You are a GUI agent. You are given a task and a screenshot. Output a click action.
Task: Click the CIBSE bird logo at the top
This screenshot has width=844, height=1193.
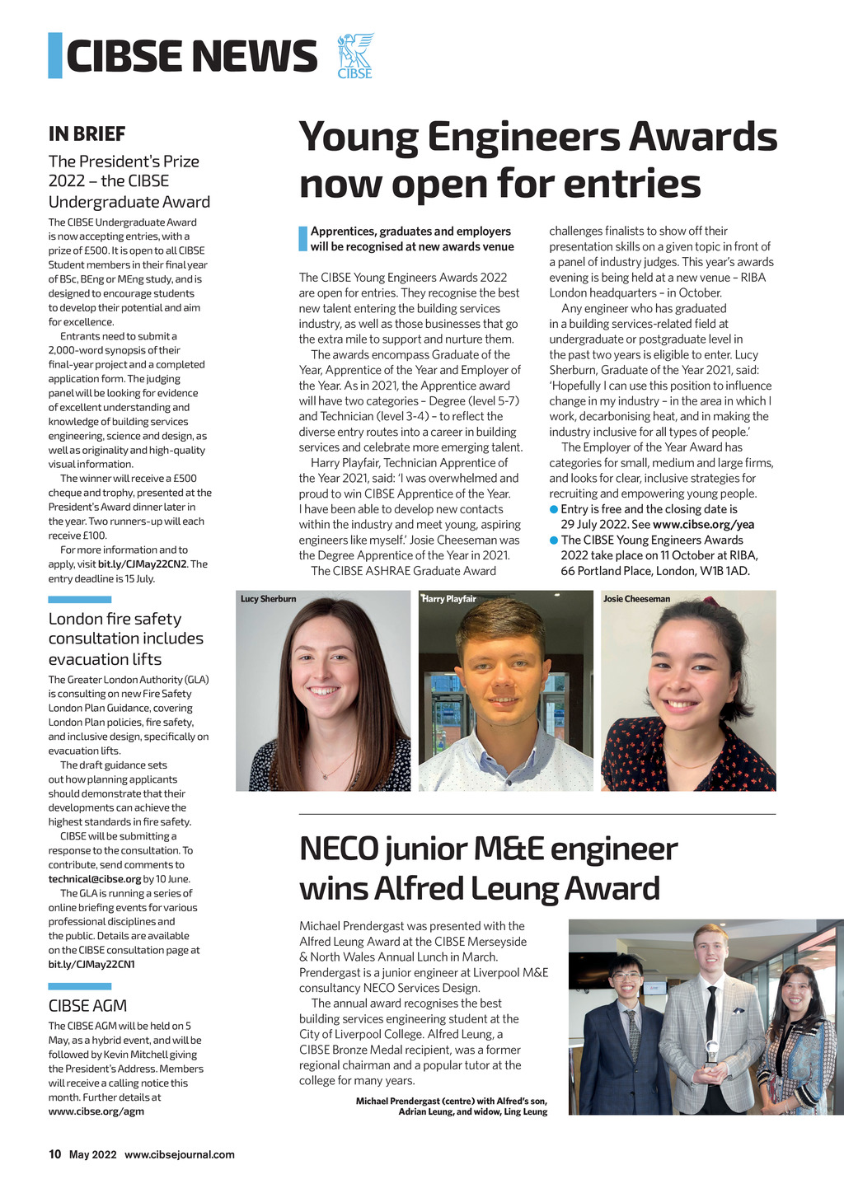point(355,55)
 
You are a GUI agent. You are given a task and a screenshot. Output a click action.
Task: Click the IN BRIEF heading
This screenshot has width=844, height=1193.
point(87,133)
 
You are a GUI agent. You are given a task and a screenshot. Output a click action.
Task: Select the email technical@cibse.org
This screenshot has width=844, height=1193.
point(95,879)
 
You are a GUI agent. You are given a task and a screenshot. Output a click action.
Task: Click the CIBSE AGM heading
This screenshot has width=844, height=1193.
point(87,1005)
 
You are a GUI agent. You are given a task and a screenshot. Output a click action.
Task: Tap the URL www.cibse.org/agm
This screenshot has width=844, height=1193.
point(96,1111)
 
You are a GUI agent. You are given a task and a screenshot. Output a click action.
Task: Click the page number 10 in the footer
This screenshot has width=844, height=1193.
point(55,1154)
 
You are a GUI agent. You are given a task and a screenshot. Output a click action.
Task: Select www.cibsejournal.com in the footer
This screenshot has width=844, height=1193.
point(180,1154)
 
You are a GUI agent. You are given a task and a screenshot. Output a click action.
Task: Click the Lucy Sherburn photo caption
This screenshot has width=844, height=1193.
point(268,599)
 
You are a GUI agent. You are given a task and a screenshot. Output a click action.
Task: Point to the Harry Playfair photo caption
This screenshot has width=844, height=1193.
point(449,599)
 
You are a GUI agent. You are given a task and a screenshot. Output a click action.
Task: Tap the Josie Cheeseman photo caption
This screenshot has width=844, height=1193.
point(636,599)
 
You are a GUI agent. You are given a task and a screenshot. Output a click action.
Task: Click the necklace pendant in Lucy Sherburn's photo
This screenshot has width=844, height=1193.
point(326,775)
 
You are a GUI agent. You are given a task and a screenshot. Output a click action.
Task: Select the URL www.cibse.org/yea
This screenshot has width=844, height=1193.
point(703,524)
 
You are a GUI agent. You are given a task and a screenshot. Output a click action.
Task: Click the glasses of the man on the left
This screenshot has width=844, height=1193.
point(626,975)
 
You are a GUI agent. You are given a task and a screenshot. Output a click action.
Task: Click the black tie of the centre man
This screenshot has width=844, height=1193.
point(710,1013)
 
